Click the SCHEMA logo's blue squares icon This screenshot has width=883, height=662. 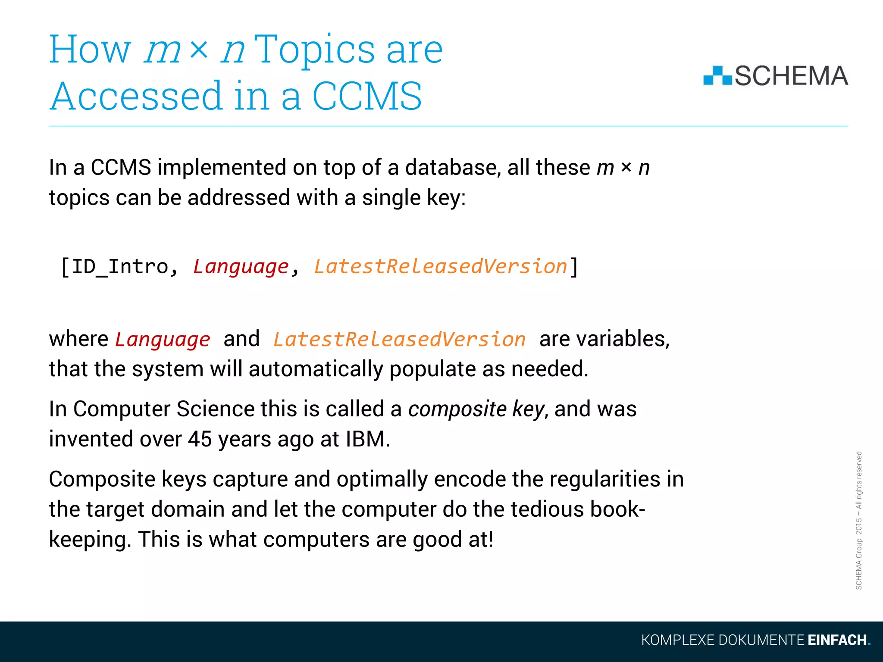[717, 76]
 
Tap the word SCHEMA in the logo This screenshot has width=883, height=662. [791, 76]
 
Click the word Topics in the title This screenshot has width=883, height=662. [314, 50]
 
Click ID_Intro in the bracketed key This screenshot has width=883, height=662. [119, 266]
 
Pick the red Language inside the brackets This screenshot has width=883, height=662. [241, 266]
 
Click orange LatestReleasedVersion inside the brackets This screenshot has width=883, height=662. [440, 266]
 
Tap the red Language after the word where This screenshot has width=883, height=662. [163, 339]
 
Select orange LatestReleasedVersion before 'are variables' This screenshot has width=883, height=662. [399, 339]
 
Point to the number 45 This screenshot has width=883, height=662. [200, 439]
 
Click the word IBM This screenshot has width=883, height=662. [367, 439]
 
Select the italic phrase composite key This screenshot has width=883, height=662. [476, 409]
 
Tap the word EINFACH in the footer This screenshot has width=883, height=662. [837, 640]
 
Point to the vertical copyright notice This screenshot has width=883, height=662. [858, 520]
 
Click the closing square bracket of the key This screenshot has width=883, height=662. [574, 267]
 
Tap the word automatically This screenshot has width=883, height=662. [316, 369]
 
